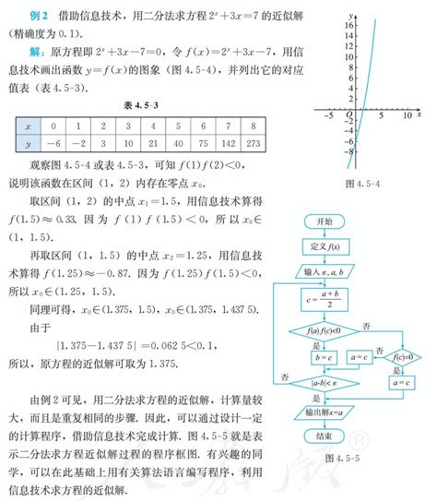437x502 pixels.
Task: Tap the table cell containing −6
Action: [x=54, y=143]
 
